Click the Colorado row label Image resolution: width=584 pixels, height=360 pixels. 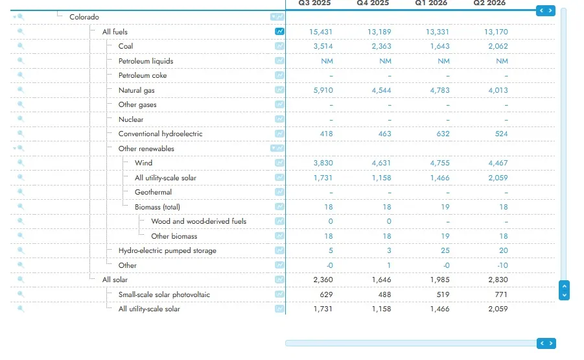click(84, 17)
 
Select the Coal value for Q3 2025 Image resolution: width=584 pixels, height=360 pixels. click(323, 46)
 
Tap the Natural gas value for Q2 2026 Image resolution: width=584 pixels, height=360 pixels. click(498, 90)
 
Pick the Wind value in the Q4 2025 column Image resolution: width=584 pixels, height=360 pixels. click(381, 163)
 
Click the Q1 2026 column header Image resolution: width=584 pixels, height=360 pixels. click(431, 3)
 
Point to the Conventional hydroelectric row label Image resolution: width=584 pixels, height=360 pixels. click(161, 134)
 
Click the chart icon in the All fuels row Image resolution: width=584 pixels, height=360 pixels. click(279, 32)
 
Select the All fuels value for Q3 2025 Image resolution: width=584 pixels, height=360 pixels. click(321, 32)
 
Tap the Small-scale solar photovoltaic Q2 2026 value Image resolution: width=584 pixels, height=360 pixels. click(501, 294)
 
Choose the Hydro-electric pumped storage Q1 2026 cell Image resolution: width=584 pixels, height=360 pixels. click(445, 250)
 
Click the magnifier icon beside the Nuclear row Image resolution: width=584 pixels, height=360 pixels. click(21, 119)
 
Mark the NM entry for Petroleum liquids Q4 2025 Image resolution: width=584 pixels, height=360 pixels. click(385, 61)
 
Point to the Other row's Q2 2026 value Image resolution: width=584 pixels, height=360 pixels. click(502, 265)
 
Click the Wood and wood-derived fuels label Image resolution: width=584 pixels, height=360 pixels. click(199, 221)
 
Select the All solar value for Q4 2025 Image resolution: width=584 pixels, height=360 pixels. click(381, 280)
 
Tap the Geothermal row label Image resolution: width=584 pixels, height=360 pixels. click(153, 192)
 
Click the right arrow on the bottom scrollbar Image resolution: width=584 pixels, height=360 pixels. click(551, 343)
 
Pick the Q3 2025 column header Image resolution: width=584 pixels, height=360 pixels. click(314, 3)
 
